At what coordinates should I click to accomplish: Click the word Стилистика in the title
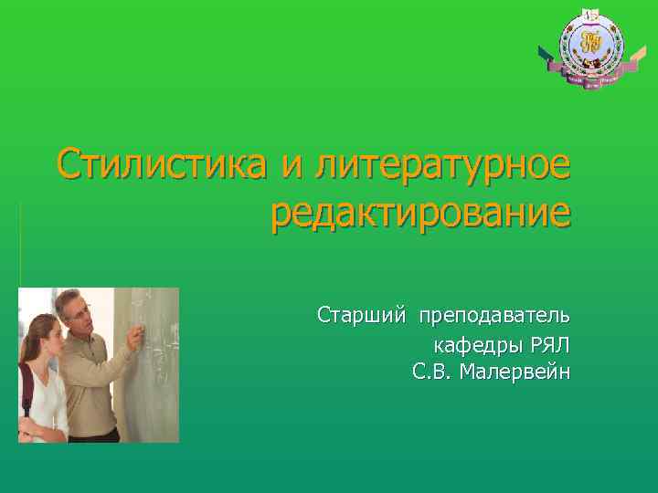click(x=163, y=164)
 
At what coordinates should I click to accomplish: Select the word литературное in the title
click(x=441, y=166)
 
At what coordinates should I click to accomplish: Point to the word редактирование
click(x=420, y=215)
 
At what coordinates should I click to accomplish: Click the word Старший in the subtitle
click(x=360, y=316)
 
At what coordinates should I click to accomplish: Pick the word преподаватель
click(x=493, y=316)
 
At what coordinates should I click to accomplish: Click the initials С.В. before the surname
click(x=431, y=372)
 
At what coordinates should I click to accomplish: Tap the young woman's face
click(x=43, y=335)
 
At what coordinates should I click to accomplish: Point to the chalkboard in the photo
click(x=155, y=383)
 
